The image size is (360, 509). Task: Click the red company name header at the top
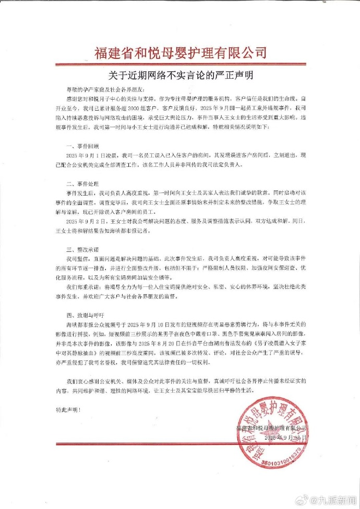[180, 53]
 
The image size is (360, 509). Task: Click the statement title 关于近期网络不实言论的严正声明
[179, 75]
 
